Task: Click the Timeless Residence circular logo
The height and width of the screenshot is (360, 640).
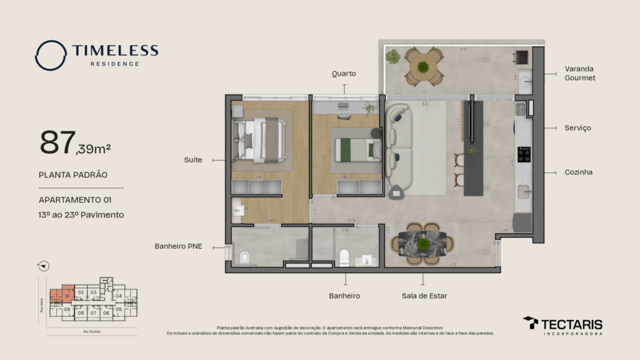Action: click(x=51, y=55)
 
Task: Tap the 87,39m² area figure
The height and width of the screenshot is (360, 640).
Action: click(x=75, y=144)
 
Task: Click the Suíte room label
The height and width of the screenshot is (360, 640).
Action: click(x=193, y=160)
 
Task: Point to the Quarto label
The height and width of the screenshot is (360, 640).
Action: click(x=344, y=74)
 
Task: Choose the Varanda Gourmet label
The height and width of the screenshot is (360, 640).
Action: click(x=579, y=73)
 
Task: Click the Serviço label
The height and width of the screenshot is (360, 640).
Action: click(x=577, y=128)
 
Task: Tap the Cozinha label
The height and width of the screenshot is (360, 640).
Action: click(x=578, y=172)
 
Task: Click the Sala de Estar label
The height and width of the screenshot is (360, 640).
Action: click(x=424, y=296)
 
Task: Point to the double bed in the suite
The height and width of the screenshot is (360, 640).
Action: click(x=260, y=140)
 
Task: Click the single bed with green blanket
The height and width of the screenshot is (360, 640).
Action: click(x=357, y=150)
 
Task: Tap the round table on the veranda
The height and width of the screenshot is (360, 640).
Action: click(x=423, y=66)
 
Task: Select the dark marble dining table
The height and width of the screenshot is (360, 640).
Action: click(x=422, y=244)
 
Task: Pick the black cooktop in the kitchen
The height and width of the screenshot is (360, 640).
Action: click(x=524, y=154)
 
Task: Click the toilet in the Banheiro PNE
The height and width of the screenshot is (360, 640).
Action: click(x=244, y=256)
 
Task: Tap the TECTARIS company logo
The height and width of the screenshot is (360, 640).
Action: click(x=562, y=325)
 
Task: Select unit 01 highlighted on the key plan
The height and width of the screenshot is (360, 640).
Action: click(x=66, y=296)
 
